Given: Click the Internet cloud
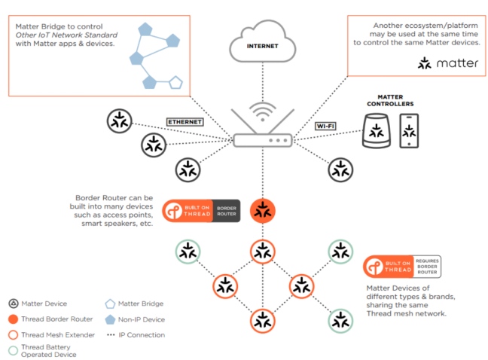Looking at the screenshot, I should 262,44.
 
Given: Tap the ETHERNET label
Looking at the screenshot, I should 185,121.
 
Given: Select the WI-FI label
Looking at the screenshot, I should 325,126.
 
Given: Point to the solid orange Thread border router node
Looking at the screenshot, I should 262,211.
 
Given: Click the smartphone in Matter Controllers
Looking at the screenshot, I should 409,131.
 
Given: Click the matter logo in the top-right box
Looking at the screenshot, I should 447,63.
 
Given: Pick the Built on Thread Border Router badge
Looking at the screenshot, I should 201,211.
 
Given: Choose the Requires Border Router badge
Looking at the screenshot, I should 402,267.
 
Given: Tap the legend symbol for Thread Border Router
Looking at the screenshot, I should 14,319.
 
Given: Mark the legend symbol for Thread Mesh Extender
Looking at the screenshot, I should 14,334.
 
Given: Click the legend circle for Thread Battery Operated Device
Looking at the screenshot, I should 14,349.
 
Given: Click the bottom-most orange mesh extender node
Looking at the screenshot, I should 262,321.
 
